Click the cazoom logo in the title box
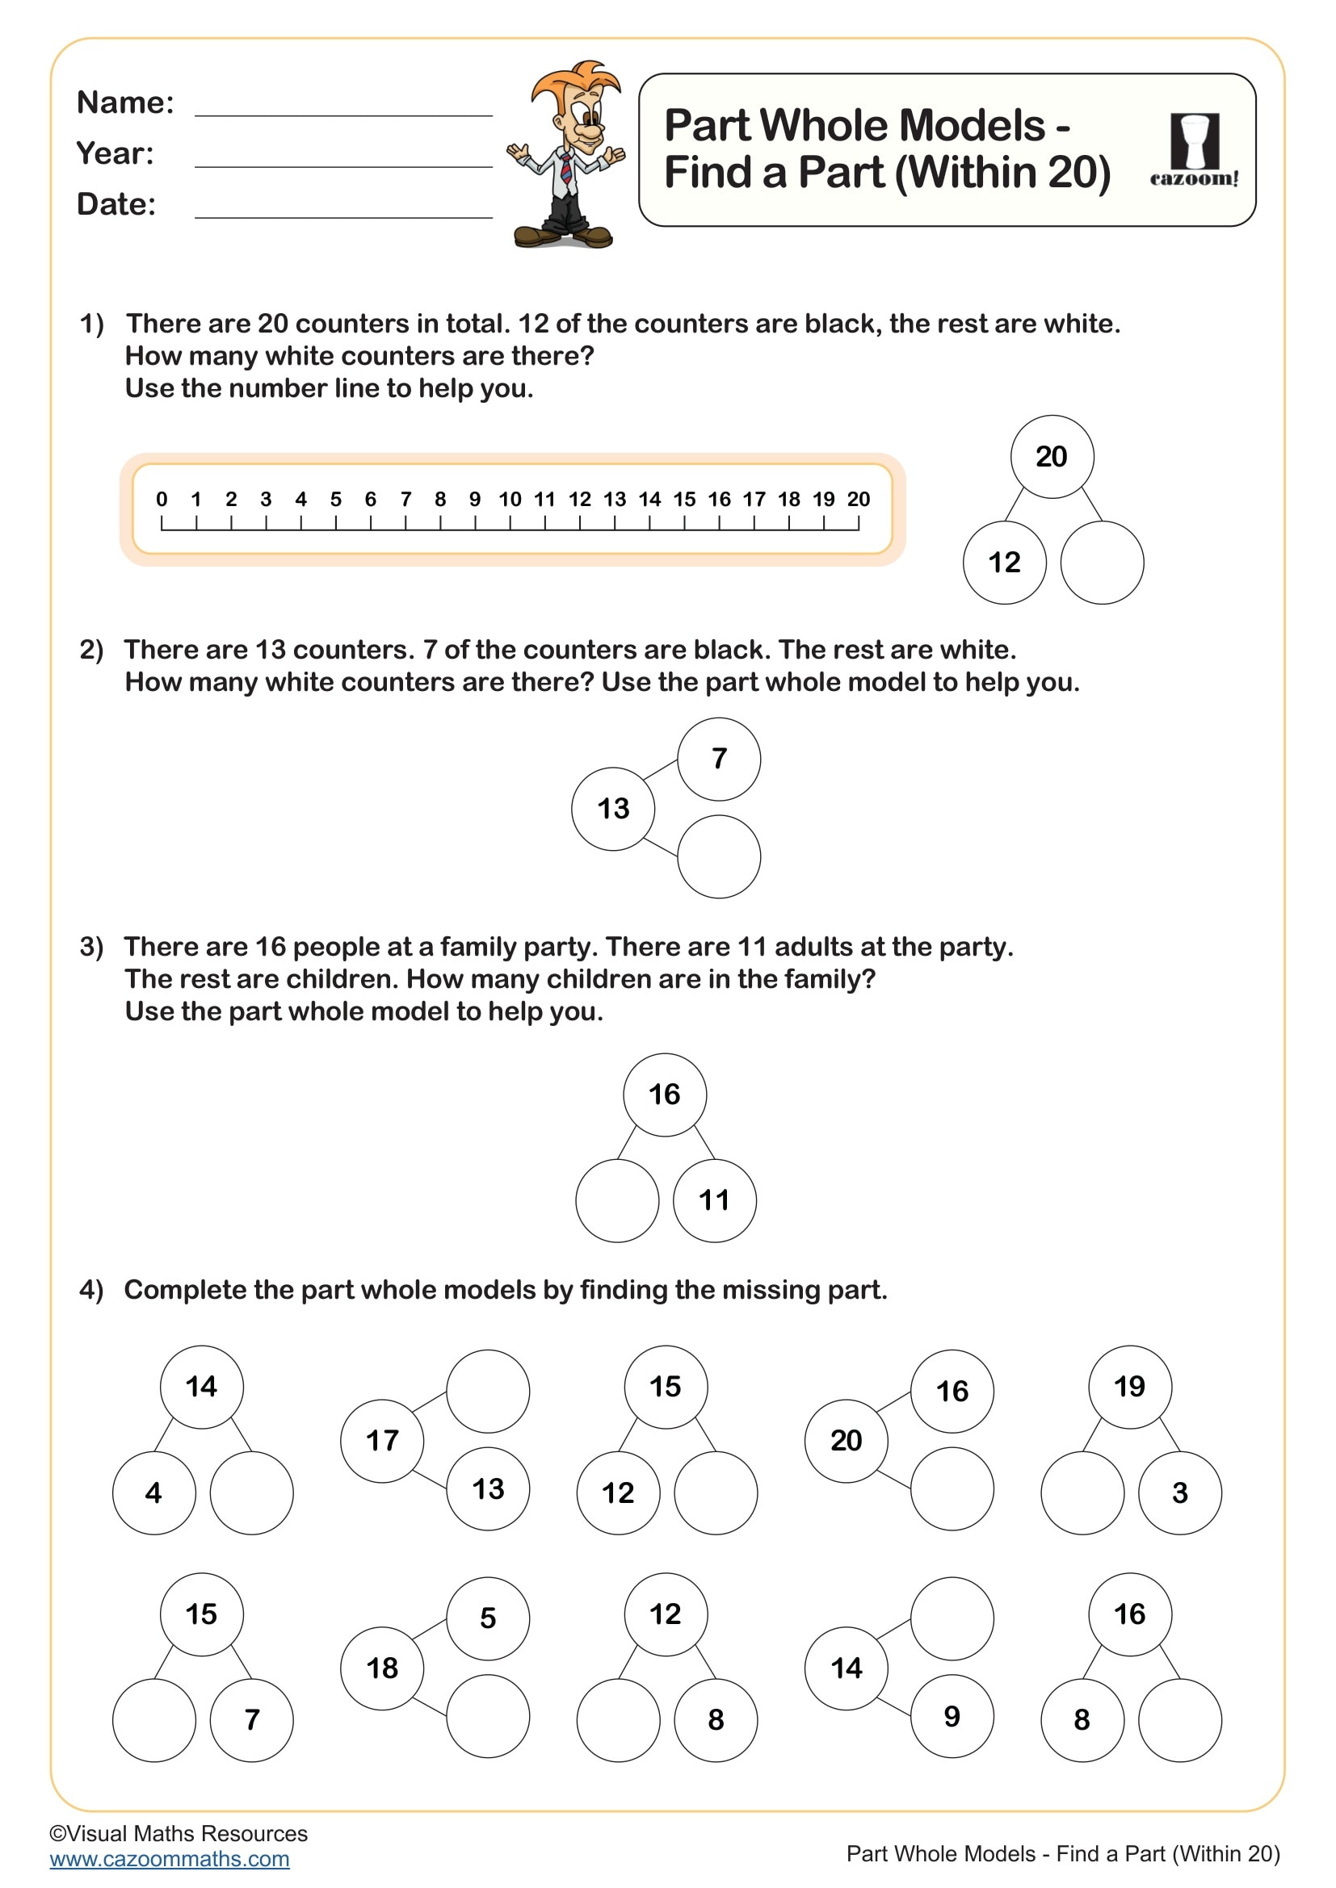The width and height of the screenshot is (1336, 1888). click(1194, 149)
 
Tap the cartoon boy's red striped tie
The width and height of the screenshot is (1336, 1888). click(567, 168)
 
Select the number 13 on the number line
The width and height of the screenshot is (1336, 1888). click(615, 499)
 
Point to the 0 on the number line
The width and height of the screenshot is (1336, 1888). click(162, 499)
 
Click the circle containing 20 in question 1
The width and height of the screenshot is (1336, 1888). click(1052, 456)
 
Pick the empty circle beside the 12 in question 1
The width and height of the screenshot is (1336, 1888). click(1102, 563)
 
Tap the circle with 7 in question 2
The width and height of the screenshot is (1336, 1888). click(719, 758)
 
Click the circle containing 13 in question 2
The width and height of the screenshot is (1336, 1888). click(613, 808)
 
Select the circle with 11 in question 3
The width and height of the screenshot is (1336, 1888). click(714, 1200)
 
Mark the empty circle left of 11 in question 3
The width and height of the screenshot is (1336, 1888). click(617, 1200)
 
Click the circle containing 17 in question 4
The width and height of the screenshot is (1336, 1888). click(382, 1441)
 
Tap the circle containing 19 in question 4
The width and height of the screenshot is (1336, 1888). click(1129, 1387)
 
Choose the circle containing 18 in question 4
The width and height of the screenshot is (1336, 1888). click(382, 1668)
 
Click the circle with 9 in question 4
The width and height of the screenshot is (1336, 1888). click(952, 1716)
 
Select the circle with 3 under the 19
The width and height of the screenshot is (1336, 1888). click(1179, 1492)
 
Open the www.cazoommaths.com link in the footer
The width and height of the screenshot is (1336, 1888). click(170, 1859)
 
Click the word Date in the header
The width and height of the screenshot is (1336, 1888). click(116, 204)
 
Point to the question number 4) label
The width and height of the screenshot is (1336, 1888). click(91, 1289)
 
